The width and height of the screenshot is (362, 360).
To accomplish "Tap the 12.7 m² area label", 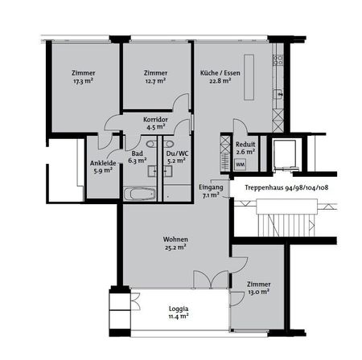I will point(155,81).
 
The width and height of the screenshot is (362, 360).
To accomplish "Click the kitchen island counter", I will point(249,77).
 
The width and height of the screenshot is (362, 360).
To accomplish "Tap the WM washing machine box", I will point(239,165).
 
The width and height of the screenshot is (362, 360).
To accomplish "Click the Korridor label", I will point(154,118).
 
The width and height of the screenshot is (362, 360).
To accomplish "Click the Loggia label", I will point(171,309).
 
